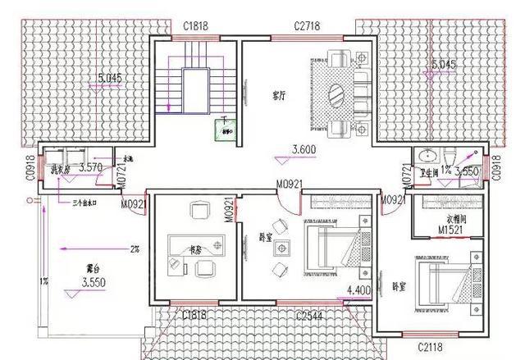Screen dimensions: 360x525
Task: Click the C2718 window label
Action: pyautogui.click(x=307, y=26)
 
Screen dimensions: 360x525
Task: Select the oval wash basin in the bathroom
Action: pyautogui.click(x=427, y=156)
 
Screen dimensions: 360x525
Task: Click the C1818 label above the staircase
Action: pyautogui.click(x=195, y=26)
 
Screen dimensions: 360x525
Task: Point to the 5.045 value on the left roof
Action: pyautogui.click(x=109, y=80)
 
